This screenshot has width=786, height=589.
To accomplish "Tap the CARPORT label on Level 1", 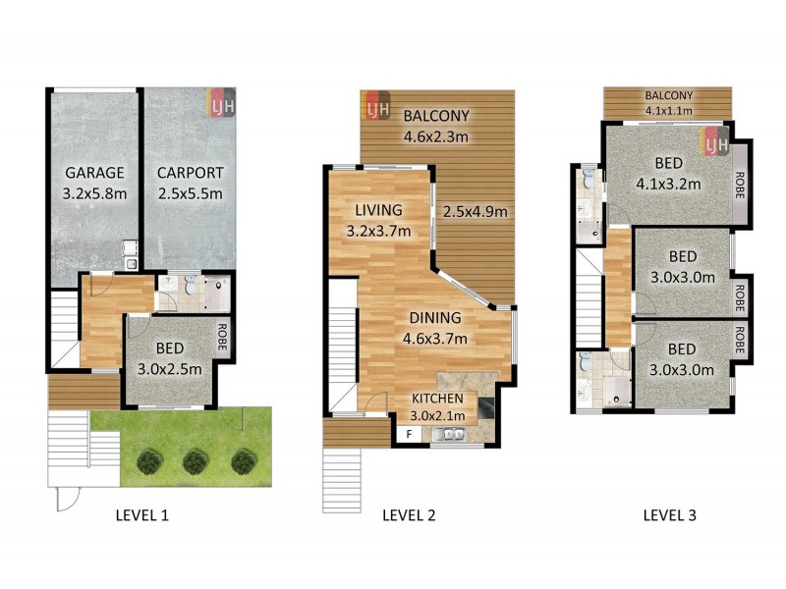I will [191, 173].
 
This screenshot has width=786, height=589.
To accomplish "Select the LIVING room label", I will [378, 210].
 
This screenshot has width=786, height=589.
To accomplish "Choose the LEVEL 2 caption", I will [408, 514].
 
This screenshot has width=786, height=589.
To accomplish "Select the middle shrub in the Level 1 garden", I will [196, 459].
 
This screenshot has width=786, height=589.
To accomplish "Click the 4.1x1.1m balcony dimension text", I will [669, 111].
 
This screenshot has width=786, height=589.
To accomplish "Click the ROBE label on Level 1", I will [222, 331].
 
